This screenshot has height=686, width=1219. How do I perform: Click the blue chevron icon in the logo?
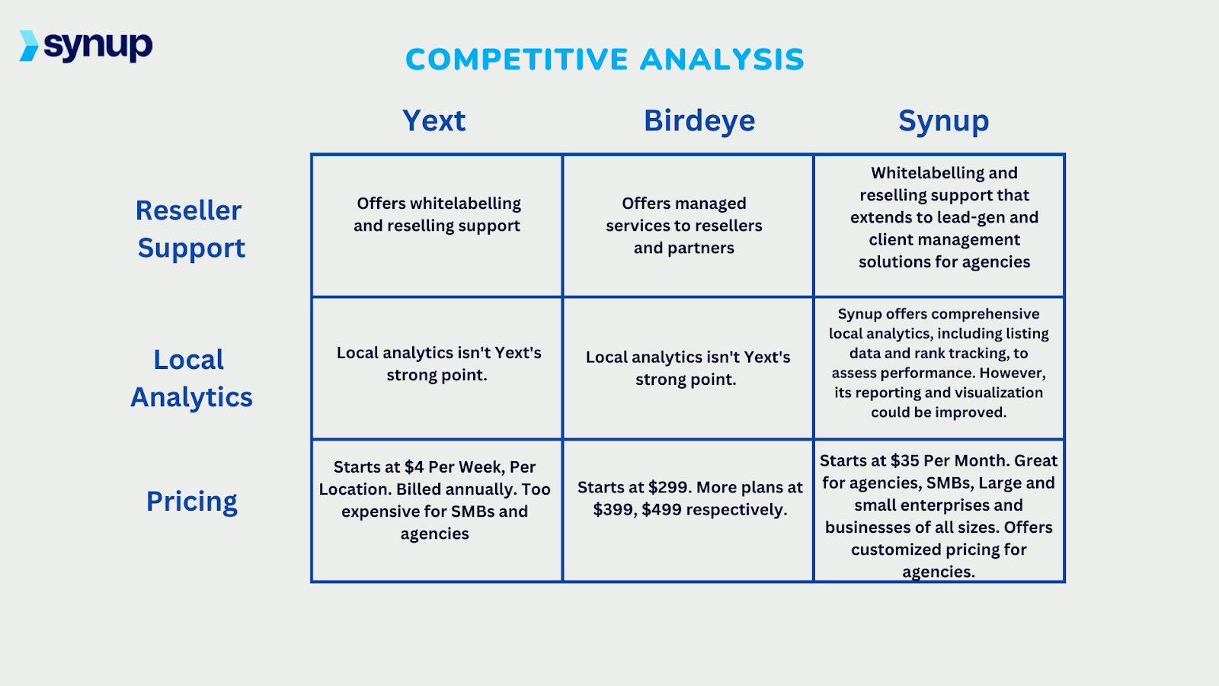pos(29,46)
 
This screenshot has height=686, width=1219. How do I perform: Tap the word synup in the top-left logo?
pos(98,46)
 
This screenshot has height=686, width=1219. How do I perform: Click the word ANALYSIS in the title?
pos(722,59)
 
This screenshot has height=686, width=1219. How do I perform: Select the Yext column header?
pos(434,120)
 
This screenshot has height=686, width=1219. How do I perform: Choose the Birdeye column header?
pos(699,120)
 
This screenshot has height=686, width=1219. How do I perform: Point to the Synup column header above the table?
pos(943,120)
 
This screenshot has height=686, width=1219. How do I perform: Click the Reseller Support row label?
pos(190,229)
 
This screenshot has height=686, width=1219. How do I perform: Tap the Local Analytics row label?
pos(191,378)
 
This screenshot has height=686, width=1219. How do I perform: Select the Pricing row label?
pos(192,502)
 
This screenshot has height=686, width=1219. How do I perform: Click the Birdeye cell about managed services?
pos(684,226)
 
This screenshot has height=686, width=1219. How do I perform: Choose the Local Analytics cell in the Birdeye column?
pos(687,368)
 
